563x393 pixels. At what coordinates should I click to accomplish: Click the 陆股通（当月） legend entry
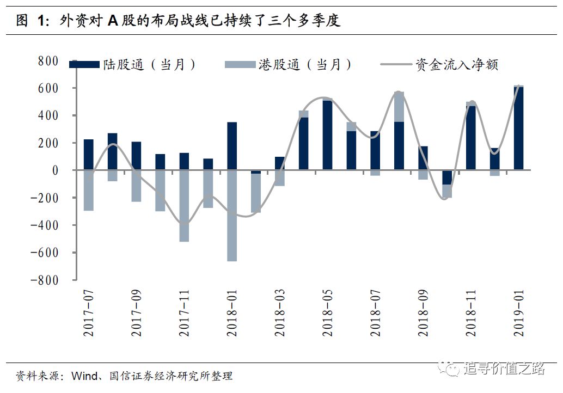(x=133, y=65)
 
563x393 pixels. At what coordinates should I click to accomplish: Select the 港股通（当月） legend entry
(x=289, y=65)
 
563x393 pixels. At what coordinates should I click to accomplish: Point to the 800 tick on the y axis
(x=48, y=61)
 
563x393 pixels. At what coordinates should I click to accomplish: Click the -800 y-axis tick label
(x=45, y=280)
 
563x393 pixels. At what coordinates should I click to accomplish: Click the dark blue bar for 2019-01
(x=518, y=128)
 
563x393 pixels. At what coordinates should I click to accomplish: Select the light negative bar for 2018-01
(x=232, y=216)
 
